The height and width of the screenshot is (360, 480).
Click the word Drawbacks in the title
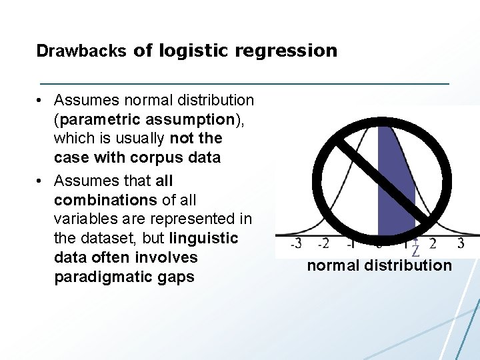81,51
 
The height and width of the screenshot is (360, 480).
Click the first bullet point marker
41,101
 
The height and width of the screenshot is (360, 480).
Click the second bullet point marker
41,181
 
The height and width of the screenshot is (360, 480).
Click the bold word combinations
102,199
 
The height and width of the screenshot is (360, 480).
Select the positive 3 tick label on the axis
461,244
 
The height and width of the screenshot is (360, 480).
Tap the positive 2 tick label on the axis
433,244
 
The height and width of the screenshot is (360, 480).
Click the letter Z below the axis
415,252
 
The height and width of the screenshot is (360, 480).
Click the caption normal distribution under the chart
379,266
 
